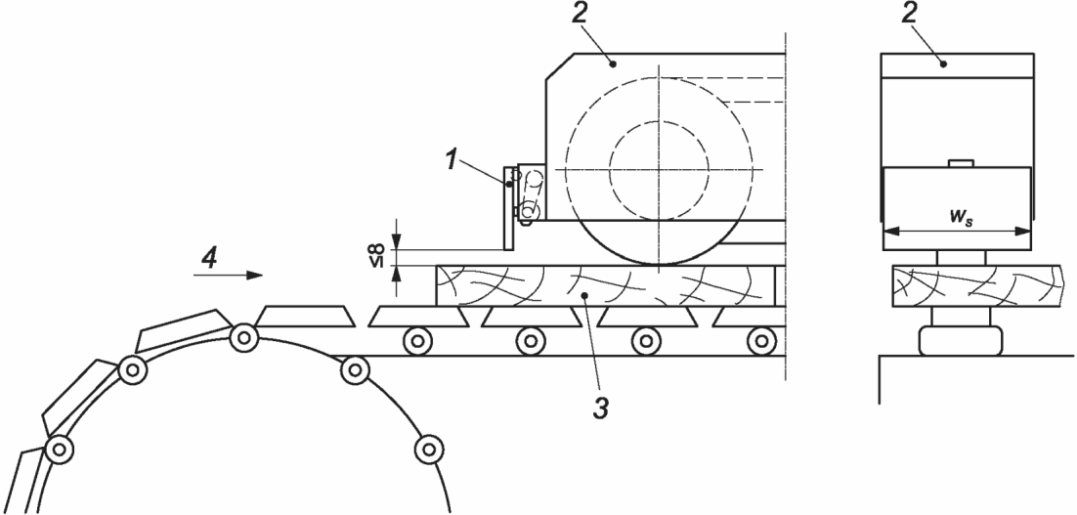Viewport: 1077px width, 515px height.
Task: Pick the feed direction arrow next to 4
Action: coord(229,277)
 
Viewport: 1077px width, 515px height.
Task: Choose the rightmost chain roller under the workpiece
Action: coord(757,341)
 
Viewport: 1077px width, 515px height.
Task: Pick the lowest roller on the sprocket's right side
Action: coord(426,450)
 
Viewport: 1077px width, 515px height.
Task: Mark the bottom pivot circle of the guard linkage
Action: coord(529,210)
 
